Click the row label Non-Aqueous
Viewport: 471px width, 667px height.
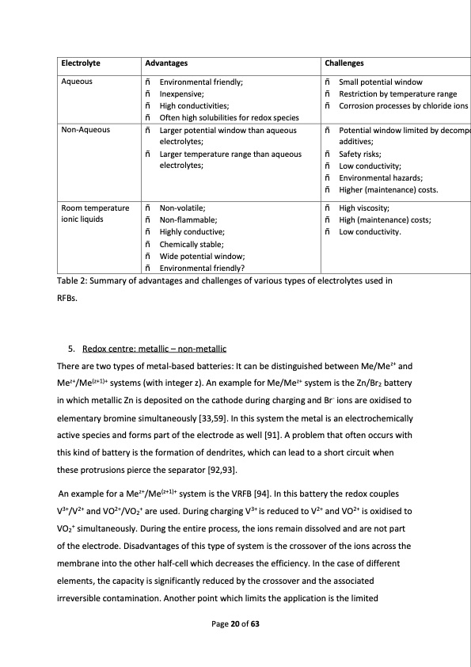coord(85,129)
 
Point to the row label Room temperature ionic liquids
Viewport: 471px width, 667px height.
coord(89,213)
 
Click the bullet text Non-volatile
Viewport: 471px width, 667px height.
coord(183,208)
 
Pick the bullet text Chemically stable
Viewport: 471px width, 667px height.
coord(192,244)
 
